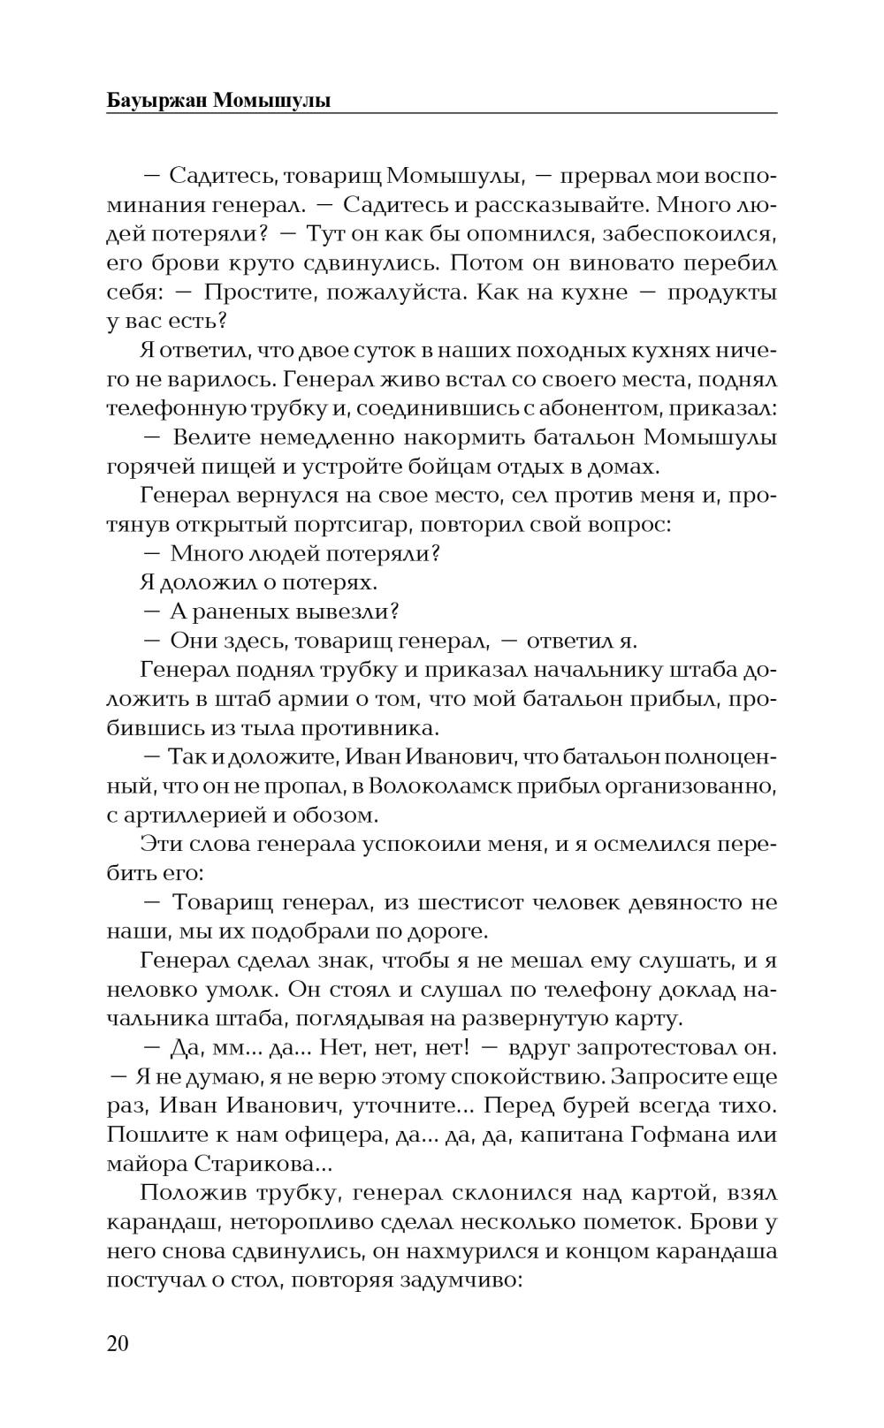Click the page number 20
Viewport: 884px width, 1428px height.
(x=118, y=1344)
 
